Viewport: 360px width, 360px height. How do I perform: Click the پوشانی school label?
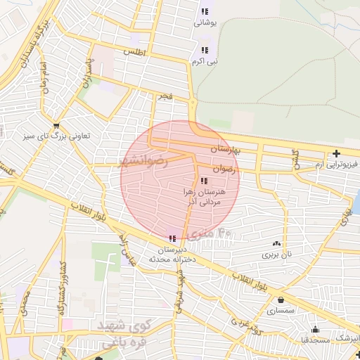click(x=205, y=22)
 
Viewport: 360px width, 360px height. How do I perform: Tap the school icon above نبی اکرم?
click(x=204, y=50)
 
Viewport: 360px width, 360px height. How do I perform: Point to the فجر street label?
click(x=165, y=95)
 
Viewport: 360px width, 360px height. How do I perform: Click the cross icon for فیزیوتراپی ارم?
click(x=337, y=154)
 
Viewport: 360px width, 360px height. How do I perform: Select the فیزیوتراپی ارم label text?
click(x=336, y=165)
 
